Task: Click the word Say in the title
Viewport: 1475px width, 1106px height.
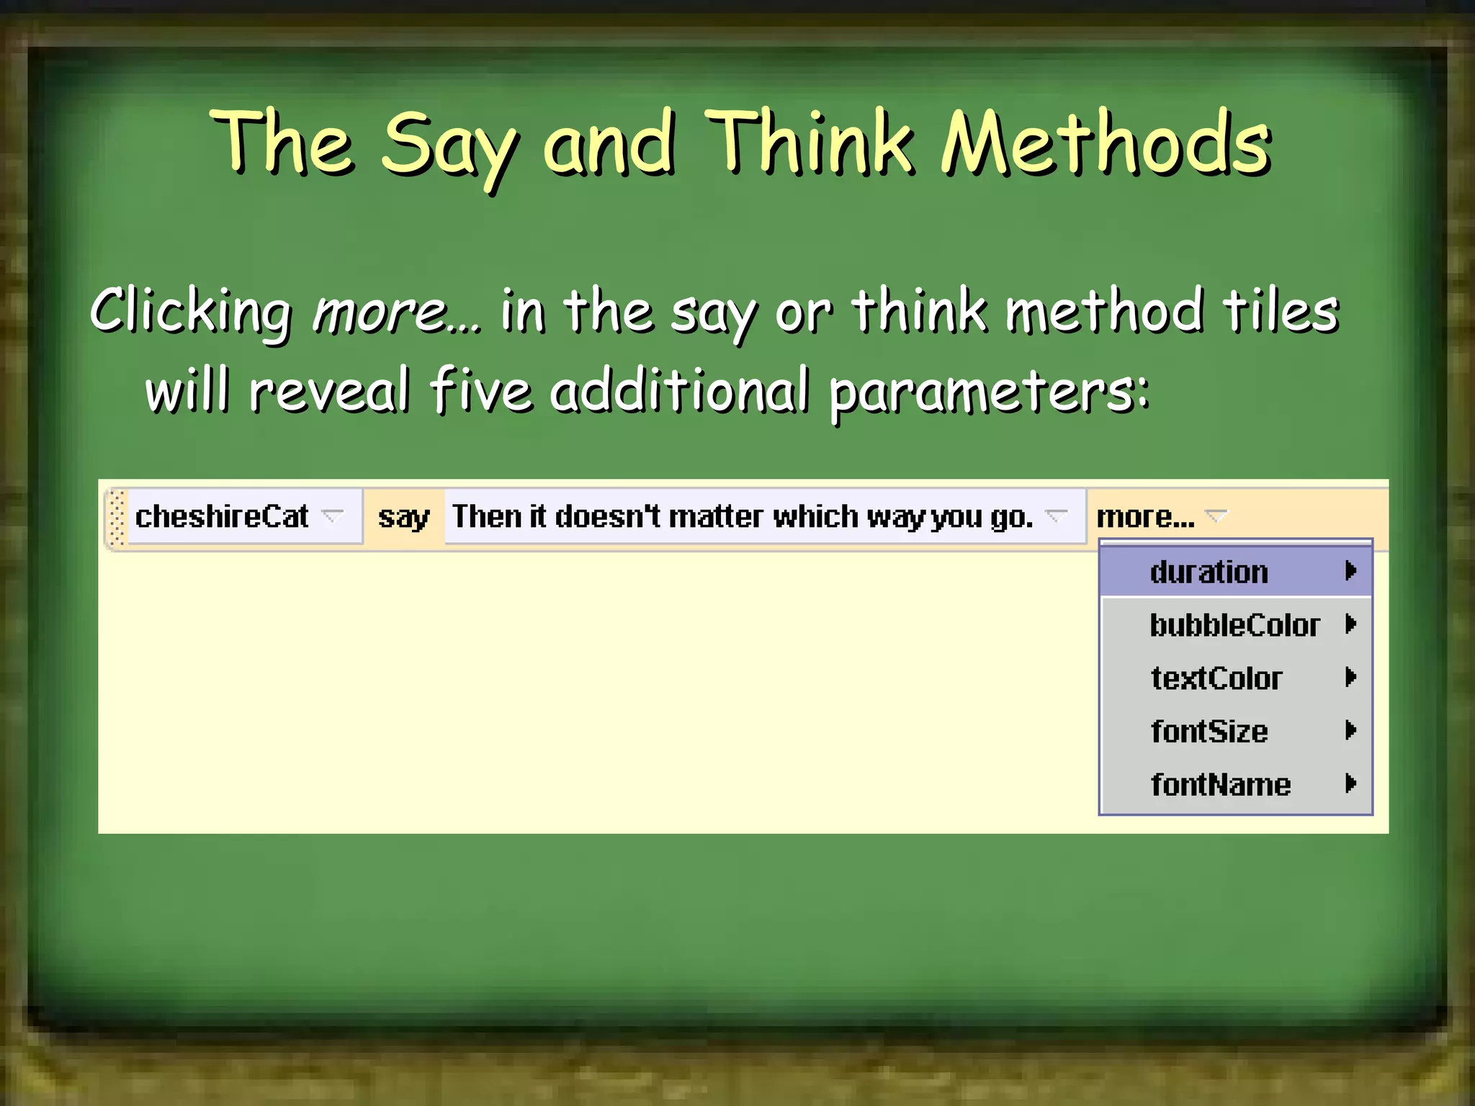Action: coord(448,144)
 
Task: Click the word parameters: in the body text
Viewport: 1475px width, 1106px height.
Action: coord(989,391)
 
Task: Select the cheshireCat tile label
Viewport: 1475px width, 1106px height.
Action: coord(222,516)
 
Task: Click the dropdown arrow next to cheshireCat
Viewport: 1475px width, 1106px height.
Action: coord(332,516)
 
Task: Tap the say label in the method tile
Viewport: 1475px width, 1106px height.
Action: coord(403,517)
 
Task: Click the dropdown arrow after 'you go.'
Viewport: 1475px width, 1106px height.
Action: coord(1056,516)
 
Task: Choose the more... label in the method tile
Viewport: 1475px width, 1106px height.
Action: coord(1144,517)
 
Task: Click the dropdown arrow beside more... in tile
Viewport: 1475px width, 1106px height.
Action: coord(1216,516)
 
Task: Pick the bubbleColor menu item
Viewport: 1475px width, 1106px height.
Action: coord(1234,625)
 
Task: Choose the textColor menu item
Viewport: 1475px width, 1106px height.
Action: coord(1216,678)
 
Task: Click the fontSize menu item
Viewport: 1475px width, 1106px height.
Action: coord(1209,732)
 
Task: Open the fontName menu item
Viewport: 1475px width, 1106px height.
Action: coord(1221,784)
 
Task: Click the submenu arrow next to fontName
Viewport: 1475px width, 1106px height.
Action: coord(1350,783)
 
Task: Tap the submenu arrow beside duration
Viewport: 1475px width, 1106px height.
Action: coord(1350,571)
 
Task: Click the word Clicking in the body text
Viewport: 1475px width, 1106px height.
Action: coord(191,311)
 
